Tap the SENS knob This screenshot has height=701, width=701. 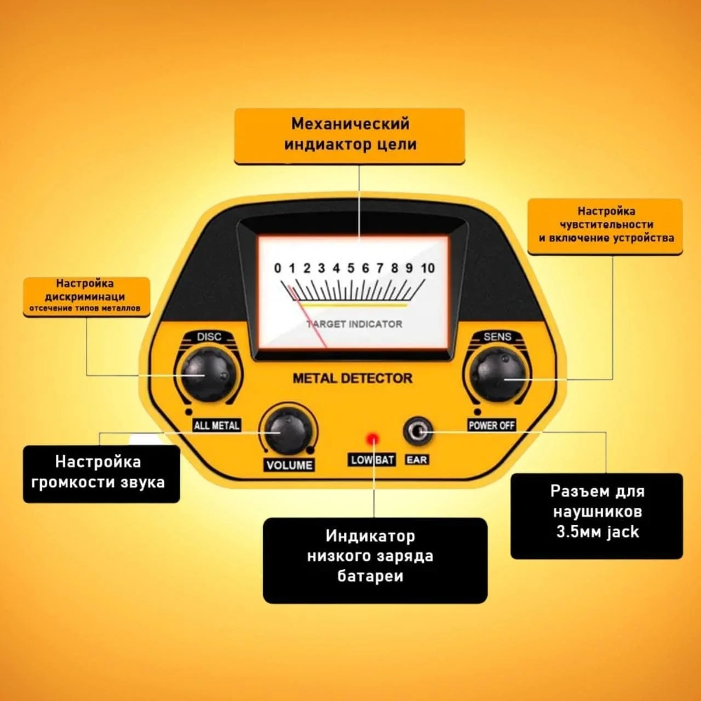pyautogui.click(x=497, y=375)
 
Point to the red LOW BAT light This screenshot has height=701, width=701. pyautogui.click(x=373, y=439)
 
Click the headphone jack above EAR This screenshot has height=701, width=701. pyautogui.click(x=418, y=432)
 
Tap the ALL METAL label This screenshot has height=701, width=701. pyautogui.click(x=217, y=426)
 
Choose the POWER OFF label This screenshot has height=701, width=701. pyautogui.click(x=491, y=425)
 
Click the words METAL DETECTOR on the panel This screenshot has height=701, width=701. pyautogui.click(x=353, y=378)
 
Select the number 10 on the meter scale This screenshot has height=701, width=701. pyautogui.click(x=428, y=268)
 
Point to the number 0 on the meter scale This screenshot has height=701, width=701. pyautogui.click(x=278, y=268)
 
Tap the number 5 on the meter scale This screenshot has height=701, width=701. pyautogui.click(x=350, y=268)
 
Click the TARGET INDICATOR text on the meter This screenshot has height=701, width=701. pyautogui.click(x=354, y=324)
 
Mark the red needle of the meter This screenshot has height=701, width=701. pyautogui.click(x=307, y=316)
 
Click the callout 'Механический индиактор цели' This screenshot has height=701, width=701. pyautogui.click(x=349, y=136)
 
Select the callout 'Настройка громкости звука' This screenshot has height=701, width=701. pyautogui.click(x=101, y=474)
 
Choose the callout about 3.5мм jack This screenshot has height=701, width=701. pyautogui.click(x=596, y=516)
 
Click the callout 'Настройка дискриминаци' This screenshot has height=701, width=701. pyautogui.click(x=87, y=296)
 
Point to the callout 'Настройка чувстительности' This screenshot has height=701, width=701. pyautogui.click(x=605, y=226)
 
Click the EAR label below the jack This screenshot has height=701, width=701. pyautogui.click(x=417, y=460)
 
